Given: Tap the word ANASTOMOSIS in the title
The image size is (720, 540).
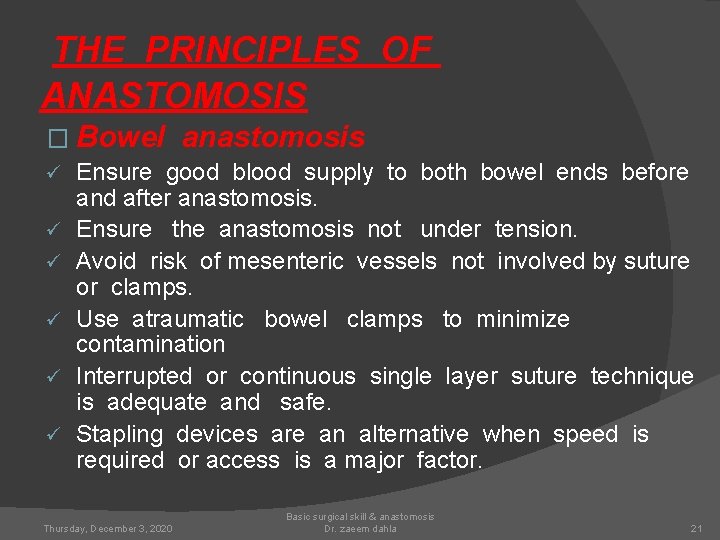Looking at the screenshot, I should pyautogui.click(x=174, y=96).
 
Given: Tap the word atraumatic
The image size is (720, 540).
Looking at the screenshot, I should pyautogui.click(x=187, y=319).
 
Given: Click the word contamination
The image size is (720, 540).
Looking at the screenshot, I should pyautogui.click(x=151, y=344).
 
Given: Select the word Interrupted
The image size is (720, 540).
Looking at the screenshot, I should pyautogui.click(x=134, y=376).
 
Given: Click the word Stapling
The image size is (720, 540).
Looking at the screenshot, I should pyautogui.click(x=119, y=434).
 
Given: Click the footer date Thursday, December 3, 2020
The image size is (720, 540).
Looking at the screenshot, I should pyautogui.click(x=108, y=527).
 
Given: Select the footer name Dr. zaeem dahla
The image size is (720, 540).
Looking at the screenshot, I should pyautogui.click(x=360, y=528).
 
